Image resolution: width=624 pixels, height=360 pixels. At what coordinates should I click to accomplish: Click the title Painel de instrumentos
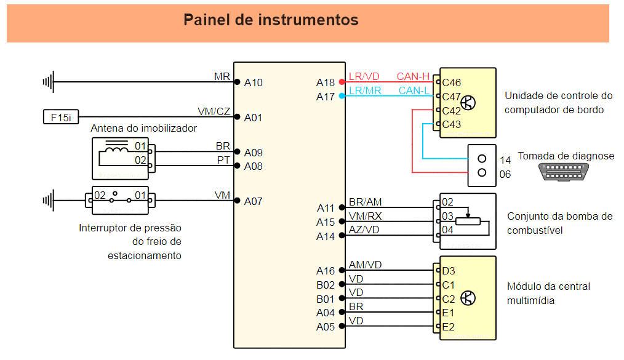click(x=271, y=20)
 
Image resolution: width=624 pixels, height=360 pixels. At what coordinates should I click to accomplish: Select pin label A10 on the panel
click(x=253, y=82)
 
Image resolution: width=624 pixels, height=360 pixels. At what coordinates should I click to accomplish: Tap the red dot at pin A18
click(x=342, y=82)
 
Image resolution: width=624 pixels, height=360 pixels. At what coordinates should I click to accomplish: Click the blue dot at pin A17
click(x=342, y=96)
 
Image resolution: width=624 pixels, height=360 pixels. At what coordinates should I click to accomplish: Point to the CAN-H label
click(x=413, y=76)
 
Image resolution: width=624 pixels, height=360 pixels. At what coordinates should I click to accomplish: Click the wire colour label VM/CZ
click(x=214, y=111)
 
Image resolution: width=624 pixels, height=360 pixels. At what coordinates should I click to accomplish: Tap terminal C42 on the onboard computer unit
click(x=451, y=111)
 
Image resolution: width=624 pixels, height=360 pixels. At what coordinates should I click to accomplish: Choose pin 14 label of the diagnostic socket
click(x=505, y=159)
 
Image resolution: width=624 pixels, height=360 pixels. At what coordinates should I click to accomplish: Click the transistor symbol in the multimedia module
click(x=468, y=298)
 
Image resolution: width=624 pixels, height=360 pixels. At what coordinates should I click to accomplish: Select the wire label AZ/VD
click(x=364, y=230)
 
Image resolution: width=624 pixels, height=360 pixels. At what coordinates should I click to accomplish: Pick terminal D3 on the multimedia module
click(x=448, y=270)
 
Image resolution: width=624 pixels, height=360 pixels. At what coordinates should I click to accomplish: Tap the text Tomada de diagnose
click(x=566, y=156)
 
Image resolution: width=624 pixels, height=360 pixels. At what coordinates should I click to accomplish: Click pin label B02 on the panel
click(x=326, y=285)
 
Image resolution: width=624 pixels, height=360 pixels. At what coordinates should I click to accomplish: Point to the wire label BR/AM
click(x=364, y=201)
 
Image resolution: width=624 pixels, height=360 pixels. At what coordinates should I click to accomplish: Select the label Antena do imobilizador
click(x=143, y=128)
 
